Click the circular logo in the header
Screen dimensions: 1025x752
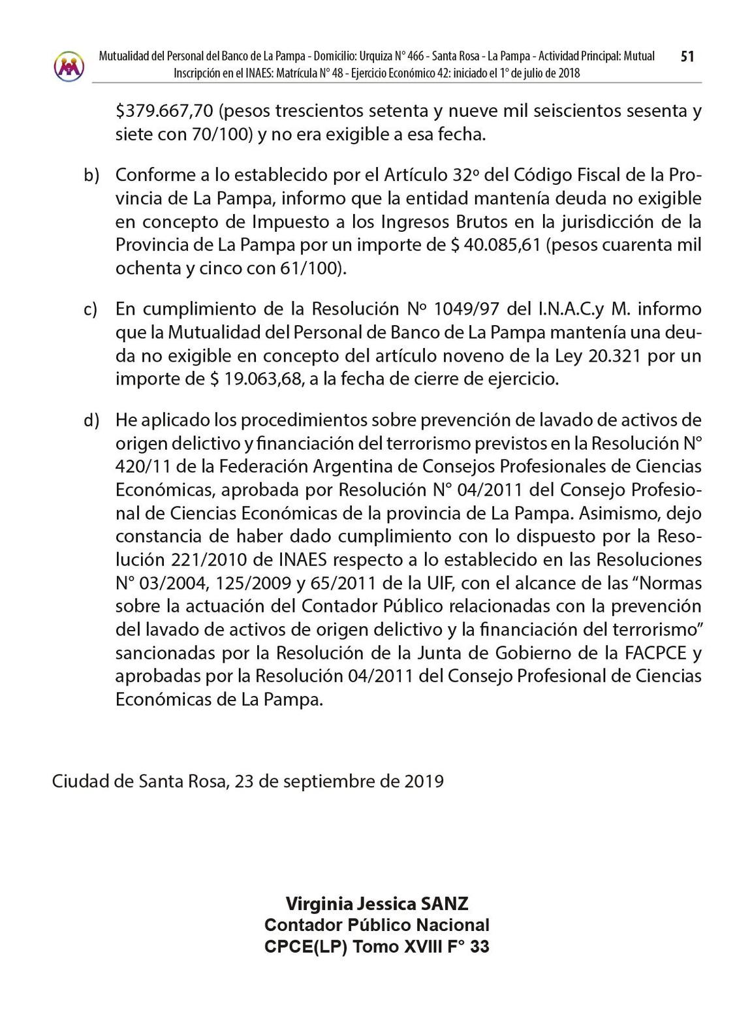click(x=69, y=66)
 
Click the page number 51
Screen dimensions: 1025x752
click(x=687, y=57)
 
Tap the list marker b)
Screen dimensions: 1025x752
click(x=91, y=176)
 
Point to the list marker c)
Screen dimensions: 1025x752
click(x=91, y=309)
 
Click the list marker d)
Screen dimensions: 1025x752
click(x=91, y=420)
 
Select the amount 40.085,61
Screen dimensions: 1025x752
click(x=505, y=245)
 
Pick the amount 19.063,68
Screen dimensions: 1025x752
click(x=264, y=379)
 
